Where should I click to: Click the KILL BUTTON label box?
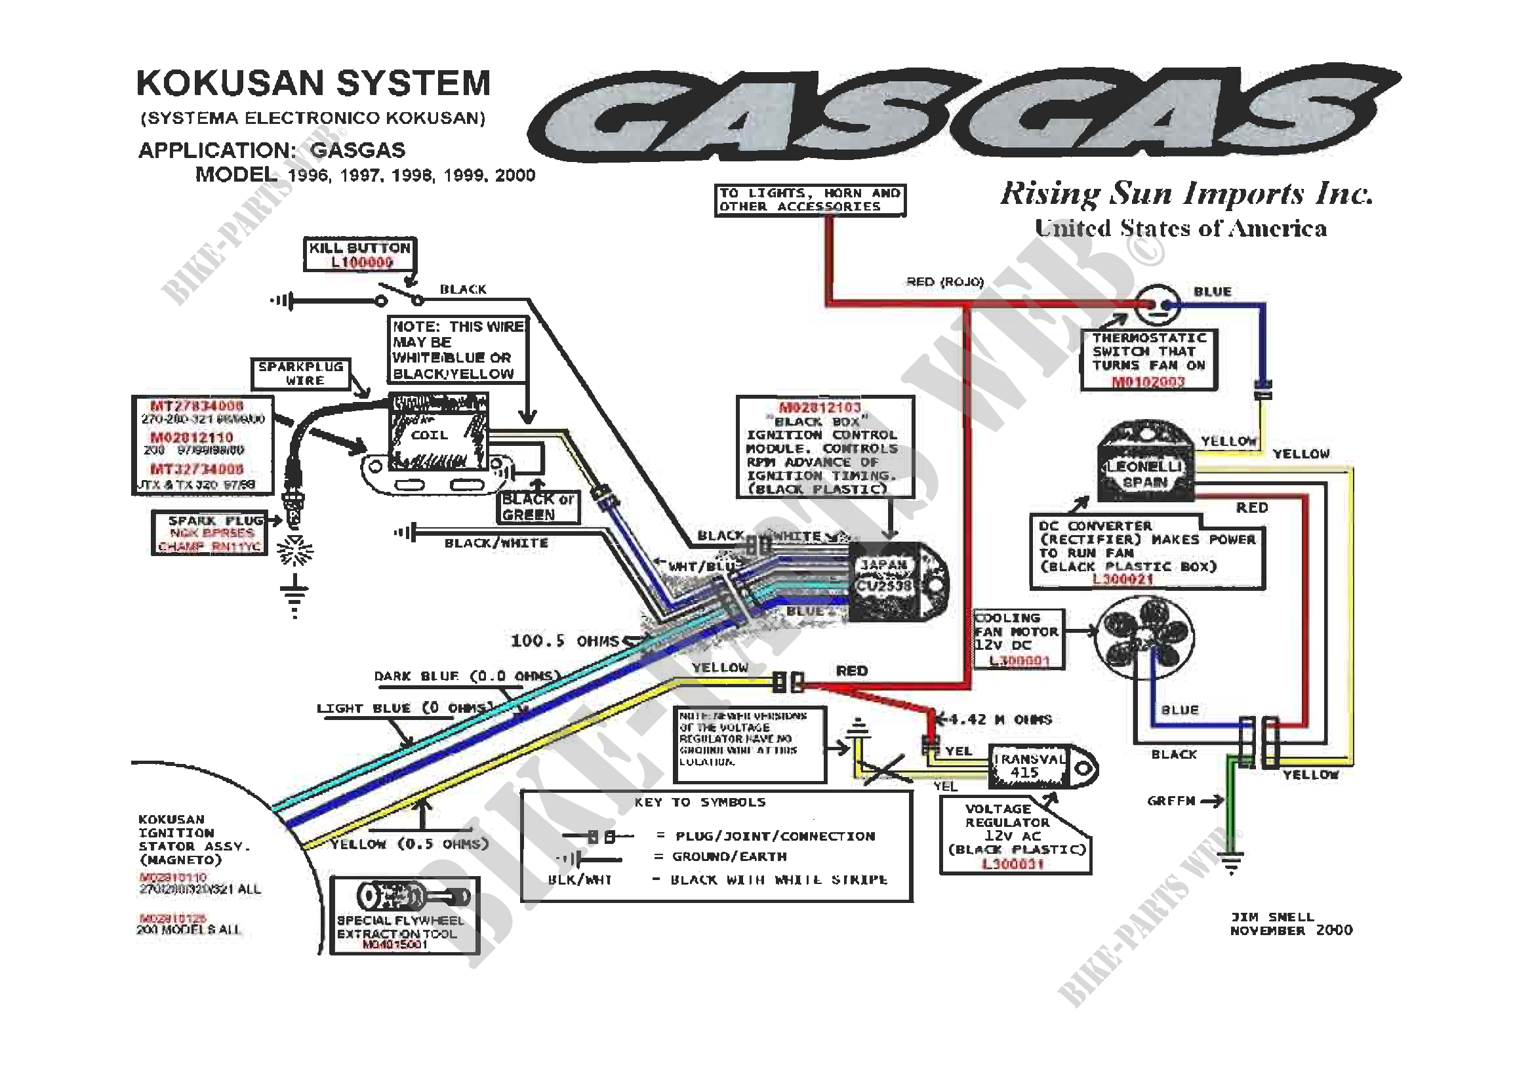360,254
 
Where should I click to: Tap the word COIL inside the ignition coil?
429,435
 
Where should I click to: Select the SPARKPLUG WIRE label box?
300,374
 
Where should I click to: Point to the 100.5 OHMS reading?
565,641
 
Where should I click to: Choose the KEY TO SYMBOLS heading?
700,802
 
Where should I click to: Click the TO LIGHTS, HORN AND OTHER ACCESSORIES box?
810,200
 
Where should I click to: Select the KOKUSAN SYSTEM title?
313,83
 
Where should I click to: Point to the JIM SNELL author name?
1272,916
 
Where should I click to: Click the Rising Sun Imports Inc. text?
1186,193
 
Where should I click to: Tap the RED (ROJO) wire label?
944,282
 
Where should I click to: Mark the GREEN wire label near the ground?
1171,800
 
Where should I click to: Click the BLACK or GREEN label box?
538,507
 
